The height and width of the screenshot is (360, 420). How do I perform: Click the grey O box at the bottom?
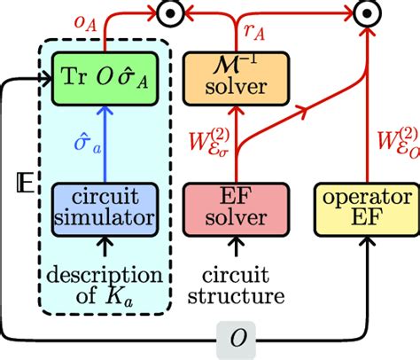pos(238,338)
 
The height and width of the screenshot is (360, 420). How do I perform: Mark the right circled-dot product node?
pos(362,13)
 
